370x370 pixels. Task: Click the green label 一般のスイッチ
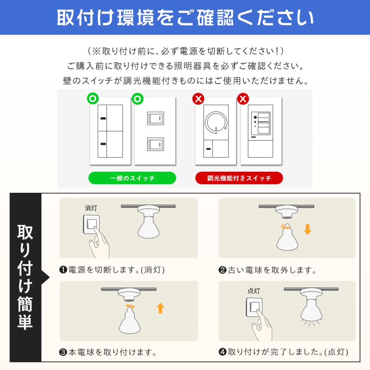click(132, 178)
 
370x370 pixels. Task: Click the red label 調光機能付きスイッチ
click(239, 178)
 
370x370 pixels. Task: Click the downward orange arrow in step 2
click(307, 229)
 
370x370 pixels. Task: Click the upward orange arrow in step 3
click(160, 308)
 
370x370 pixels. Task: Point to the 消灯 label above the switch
click(91, 208)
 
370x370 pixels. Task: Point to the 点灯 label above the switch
click(254, 291)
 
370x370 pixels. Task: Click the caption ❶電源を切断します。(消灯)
click(112, 270)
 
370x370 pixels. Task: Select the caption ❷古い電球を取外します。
click(267, 270)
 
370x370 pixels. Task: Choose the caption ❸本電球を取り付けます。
click(108, 352)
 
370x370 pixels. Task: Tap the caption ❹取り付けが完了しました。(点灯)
click(283, 352)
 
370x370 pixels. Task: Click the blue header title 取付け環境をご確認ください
click(185, 17)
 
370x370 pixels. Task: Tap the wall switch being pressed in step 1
click(92, 224)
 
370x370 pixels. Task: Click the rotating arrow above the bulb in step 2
click(286, 226)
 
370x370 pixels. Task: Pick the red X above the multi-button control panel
click(243, 99)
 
